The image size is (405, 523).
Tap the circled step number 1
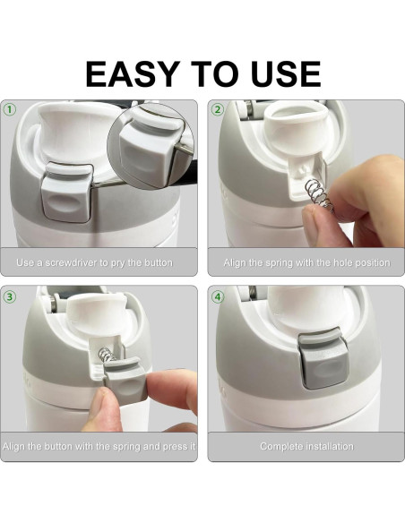coord(10,110)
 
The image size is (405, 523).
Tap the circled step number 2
coord(217,110)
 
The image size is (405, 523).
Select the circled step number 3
coord(10,296)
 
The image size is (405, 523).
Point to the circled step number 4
coord(217,296)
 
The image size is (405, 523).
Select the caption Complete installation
coord(306,446)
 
